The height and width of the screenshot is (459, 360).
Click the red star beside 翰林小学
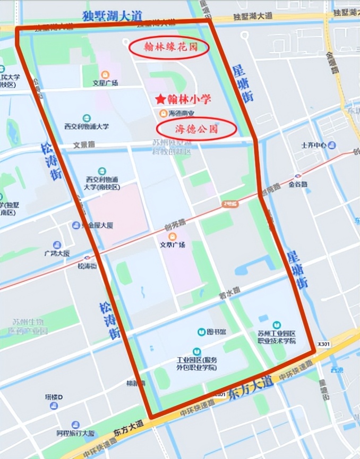tap(160, 99)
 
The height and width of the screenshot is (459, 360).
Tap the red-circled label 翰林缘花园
tap(169, 47)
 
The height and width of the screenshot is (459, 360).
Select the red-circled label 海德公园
tap(188, 129)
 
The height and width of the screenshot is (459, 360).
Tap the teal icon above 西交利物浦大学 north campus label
tap(87, 118)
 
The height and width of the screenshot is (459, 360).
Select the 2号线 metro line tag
tap(230, 202)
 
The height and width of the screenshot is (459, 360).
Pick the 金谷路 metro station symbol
tap(298, 176)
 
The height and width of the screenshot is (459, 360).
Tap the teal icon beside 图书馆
tap(201, 332)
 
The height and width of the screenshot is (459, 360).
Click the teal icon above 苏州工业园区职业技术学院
tap(276, 325)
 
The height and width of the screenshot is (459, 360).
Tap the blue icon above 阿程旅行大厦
tap(75, 424)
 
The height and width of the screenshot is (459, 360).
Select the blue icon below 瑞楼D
tap(53, 406)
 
